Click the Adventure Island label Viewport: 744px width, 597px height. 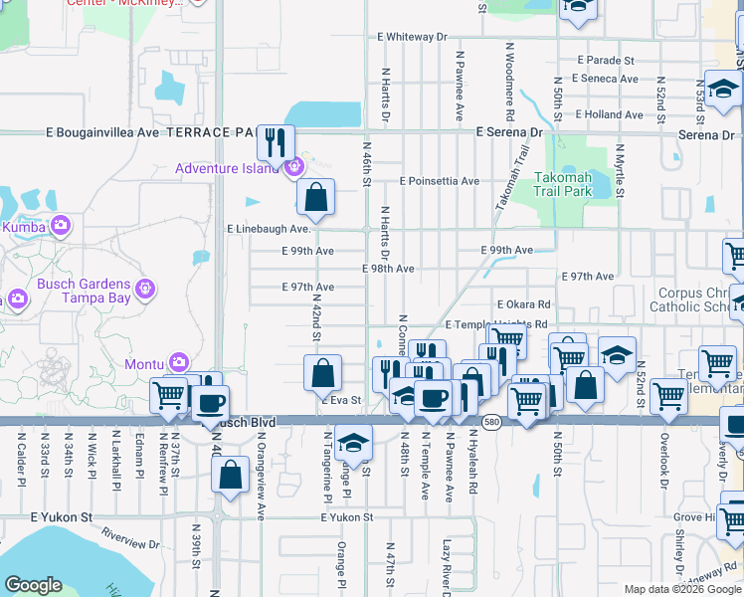228,168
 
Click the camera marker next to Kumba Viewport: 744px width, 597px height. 60,226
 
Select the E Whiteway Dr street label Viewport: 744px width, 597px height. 412,37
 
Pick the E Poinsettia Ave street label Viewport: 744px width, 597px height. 439,182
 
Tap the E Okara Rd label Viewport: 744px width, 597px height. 522,304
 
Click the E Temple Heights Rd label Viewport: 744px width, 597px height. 495,324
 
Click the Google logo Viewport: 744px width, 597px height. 33,585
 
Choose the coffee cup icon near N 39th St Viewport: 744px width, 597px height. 209,404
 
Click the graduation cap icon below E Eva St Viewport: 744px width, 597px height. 352,441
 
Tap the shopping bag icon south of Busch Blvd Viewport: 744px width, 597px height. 230,476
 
